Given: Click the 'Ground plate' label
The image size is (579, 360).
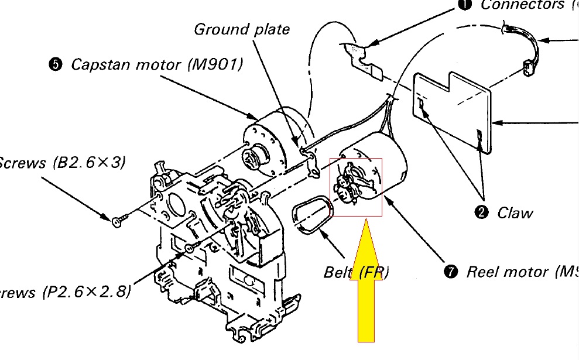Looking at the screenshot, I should [241, 29].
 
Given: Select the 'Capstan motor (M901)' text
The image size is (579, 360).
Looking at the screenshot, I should [156, 64].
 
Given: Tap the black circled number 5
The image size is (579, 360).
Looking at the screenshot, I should [55, 64].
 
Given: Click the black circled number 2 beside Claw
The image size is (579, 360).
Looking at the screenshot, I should [482, 212].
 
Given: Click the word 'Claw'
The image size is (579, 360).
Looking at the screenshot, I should [515, 212].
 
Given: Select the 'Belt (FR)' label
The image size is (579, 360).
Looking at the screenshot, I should [356, 273].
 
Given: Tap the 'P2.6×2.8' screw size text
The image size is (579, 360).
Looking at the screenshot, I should [87, 292].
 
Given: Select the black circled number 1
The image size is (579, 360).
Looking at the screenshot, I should [464, 5].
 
